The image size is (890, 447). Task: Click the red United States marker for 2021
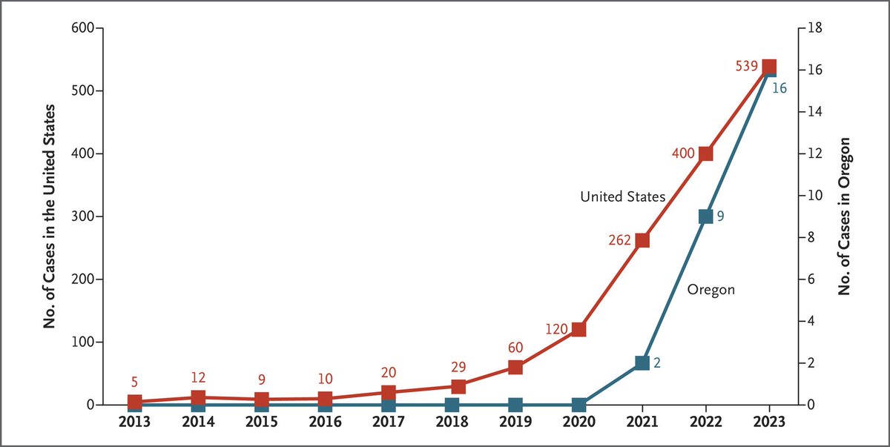pos(642,240)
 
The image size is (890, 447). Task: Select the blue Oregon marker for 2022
pos(705,216)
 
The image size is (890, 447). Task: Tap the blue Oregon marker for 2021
pos(642,362)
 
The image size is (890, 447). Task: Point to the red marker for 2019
pos(515,367)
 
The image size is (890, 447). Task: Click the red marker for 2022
pos(705,153)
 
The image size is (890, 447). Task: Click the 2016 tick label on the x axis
pos(325,422)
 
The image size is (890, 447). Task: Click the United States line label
pos(622,196)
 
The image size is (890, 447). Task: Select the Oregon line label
pos(711,290)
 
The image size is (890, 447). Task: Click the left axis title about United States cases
pos(50,217)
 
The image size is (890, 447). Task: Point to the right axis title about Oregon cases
pos(844,217)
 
